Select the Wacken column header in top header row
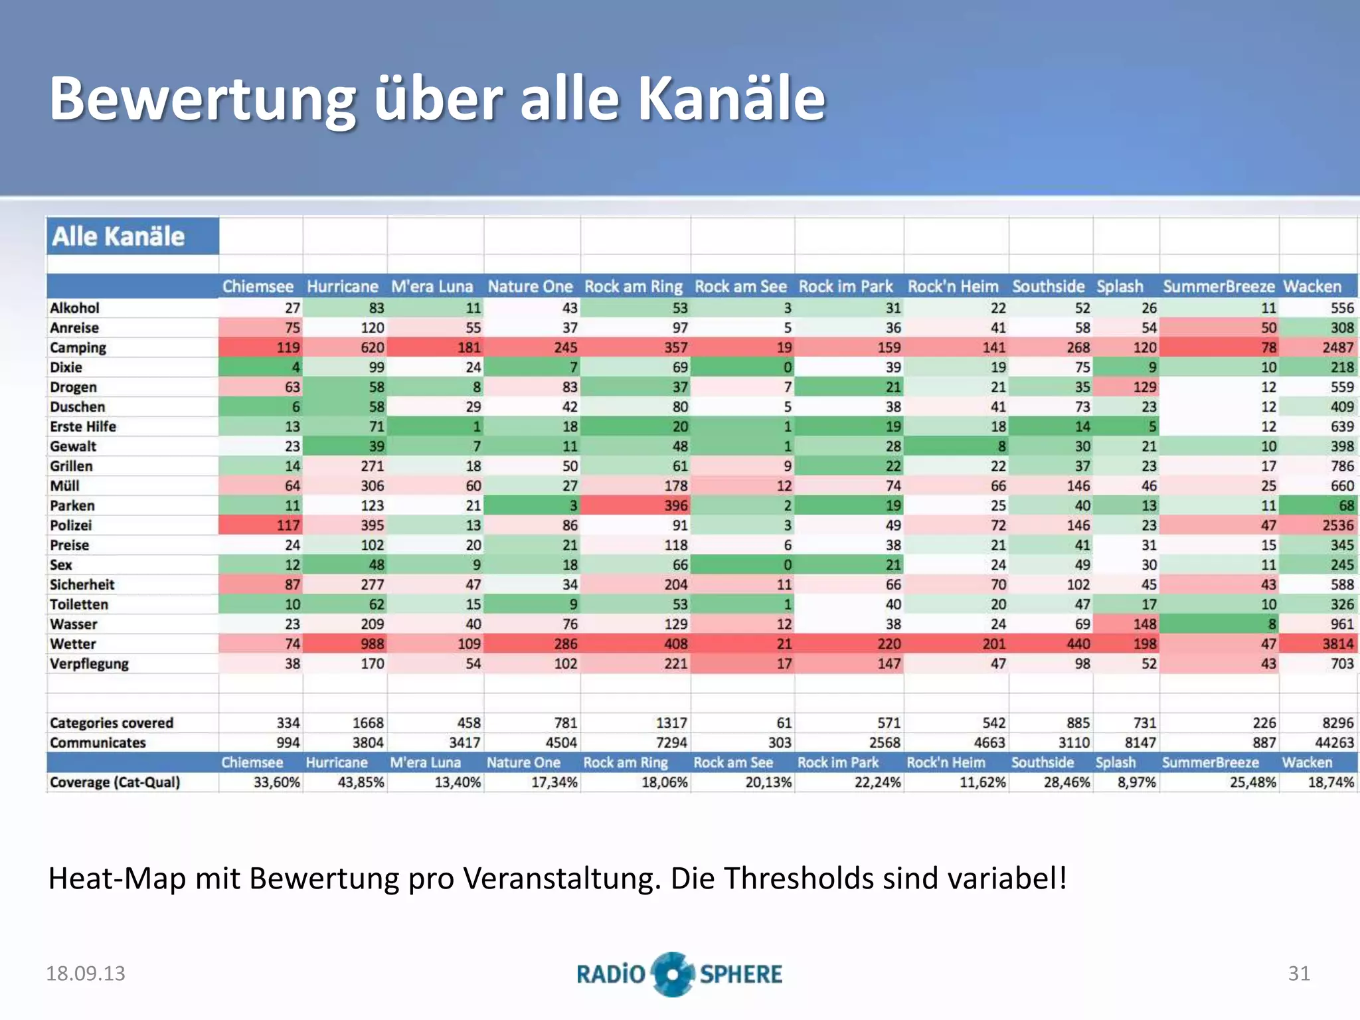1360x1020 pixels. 1312,287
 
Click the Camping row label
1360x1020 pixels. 78,347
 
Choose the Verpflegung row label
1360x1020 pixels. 89,663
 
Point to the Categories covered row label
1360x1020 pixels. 111,722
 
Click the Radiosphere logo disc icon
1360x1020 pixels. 672,974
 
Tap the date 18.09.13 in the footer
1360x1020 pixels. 85,974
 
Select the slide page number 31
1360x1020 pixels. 1298,974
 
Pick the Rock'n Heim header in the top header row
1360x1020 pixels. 952,287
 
